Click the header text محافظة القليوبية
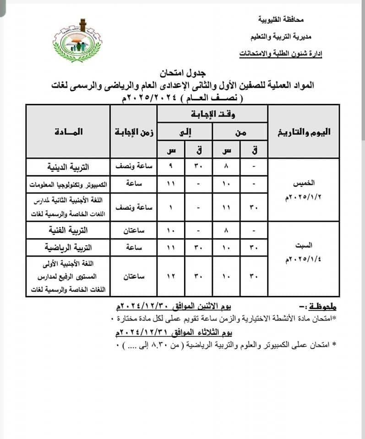point(280,20)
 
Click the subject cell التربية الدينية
point(69,166)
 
